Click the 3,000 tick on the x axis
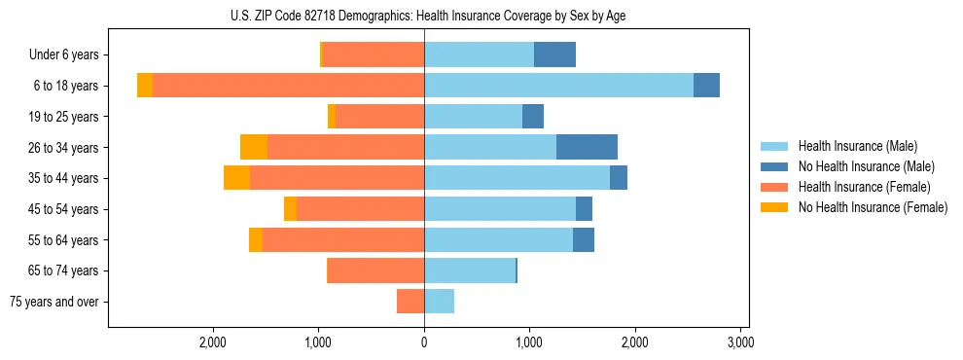click(740, 343)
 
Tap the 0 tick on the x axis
click(424, 343)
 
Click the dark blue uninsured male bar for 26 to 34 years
click(587, 147)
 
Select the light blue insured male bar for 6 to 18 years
click(558, 86)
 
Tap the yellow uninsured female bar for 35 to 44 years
click(236, 178)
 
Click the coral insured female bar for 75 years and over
click(410, 302)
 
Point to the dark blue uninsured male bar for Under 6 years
click(554, 54)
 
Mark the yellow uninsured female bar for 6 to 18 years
click(145, 86)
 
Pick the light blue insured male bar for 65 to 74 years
click(469, 270)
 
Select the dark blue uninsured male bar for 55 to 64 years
click(584, 239)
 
